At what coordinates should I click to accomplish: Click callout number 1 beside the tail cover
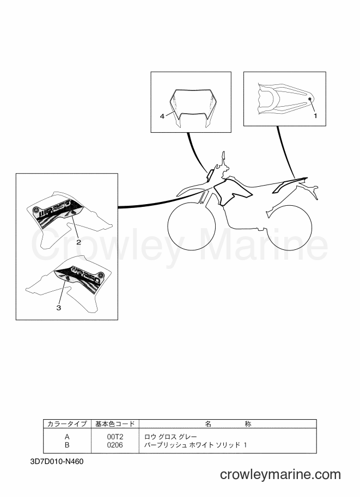pos(315,116)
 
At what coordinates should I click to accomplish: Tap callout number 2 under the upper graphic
pos(78,242)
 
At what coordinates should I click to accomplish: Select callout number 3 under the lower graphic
pos(59,308)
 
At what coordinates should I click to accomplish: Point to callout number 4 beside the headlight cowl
pos(162,116)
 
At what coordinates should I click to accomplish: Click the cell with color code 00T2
pos(115,437)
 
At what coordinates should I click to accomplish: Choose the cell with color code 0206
pos(115,445)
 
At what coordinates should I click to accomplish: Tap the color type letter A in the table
pos(67,437)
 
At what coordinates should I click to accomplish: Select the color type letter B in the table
pos(67,445)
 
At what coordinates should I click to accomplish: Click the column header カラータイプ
pos(67,424)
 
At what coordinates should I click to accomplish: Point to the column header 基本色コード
pos(115,424)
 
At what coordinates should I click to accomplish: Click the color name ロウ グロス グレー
pos(170,437)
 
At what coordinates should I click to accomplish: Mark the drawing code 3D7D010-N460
pos(57,462)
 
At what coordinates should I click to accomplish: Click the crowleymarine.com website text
pos(280,475)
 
